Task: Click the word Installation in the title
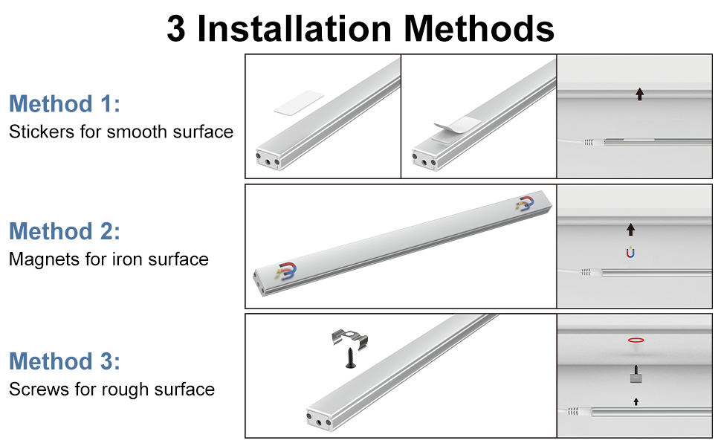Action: [294, 28]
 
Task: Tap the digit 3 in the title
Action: [176, 29]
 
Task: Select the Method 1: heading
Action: [65, 103]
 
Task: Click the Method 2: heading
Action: [65, 231]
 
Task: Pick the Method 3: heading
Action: [65, 361]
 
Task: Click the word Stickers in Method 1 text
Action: [42, 132]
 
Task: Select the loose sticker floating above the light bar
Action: [299, 103]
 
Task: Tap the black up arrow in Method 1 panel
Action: [639, 94]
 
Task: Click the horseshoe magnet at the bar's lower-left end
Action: [286, 271]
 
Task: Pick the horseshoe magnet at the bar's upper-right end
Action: [525, 203]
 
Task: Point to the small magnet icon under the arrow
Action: [630, 252]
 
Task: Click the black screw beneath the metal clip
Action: [351, 358]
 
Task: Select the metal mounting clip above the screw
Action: [349, 339]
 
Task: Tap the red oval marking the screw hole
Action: [636, 340]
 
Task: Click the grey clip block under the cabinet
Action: [636, 378]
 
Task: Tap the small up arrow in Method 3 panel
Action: [636, 402]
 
